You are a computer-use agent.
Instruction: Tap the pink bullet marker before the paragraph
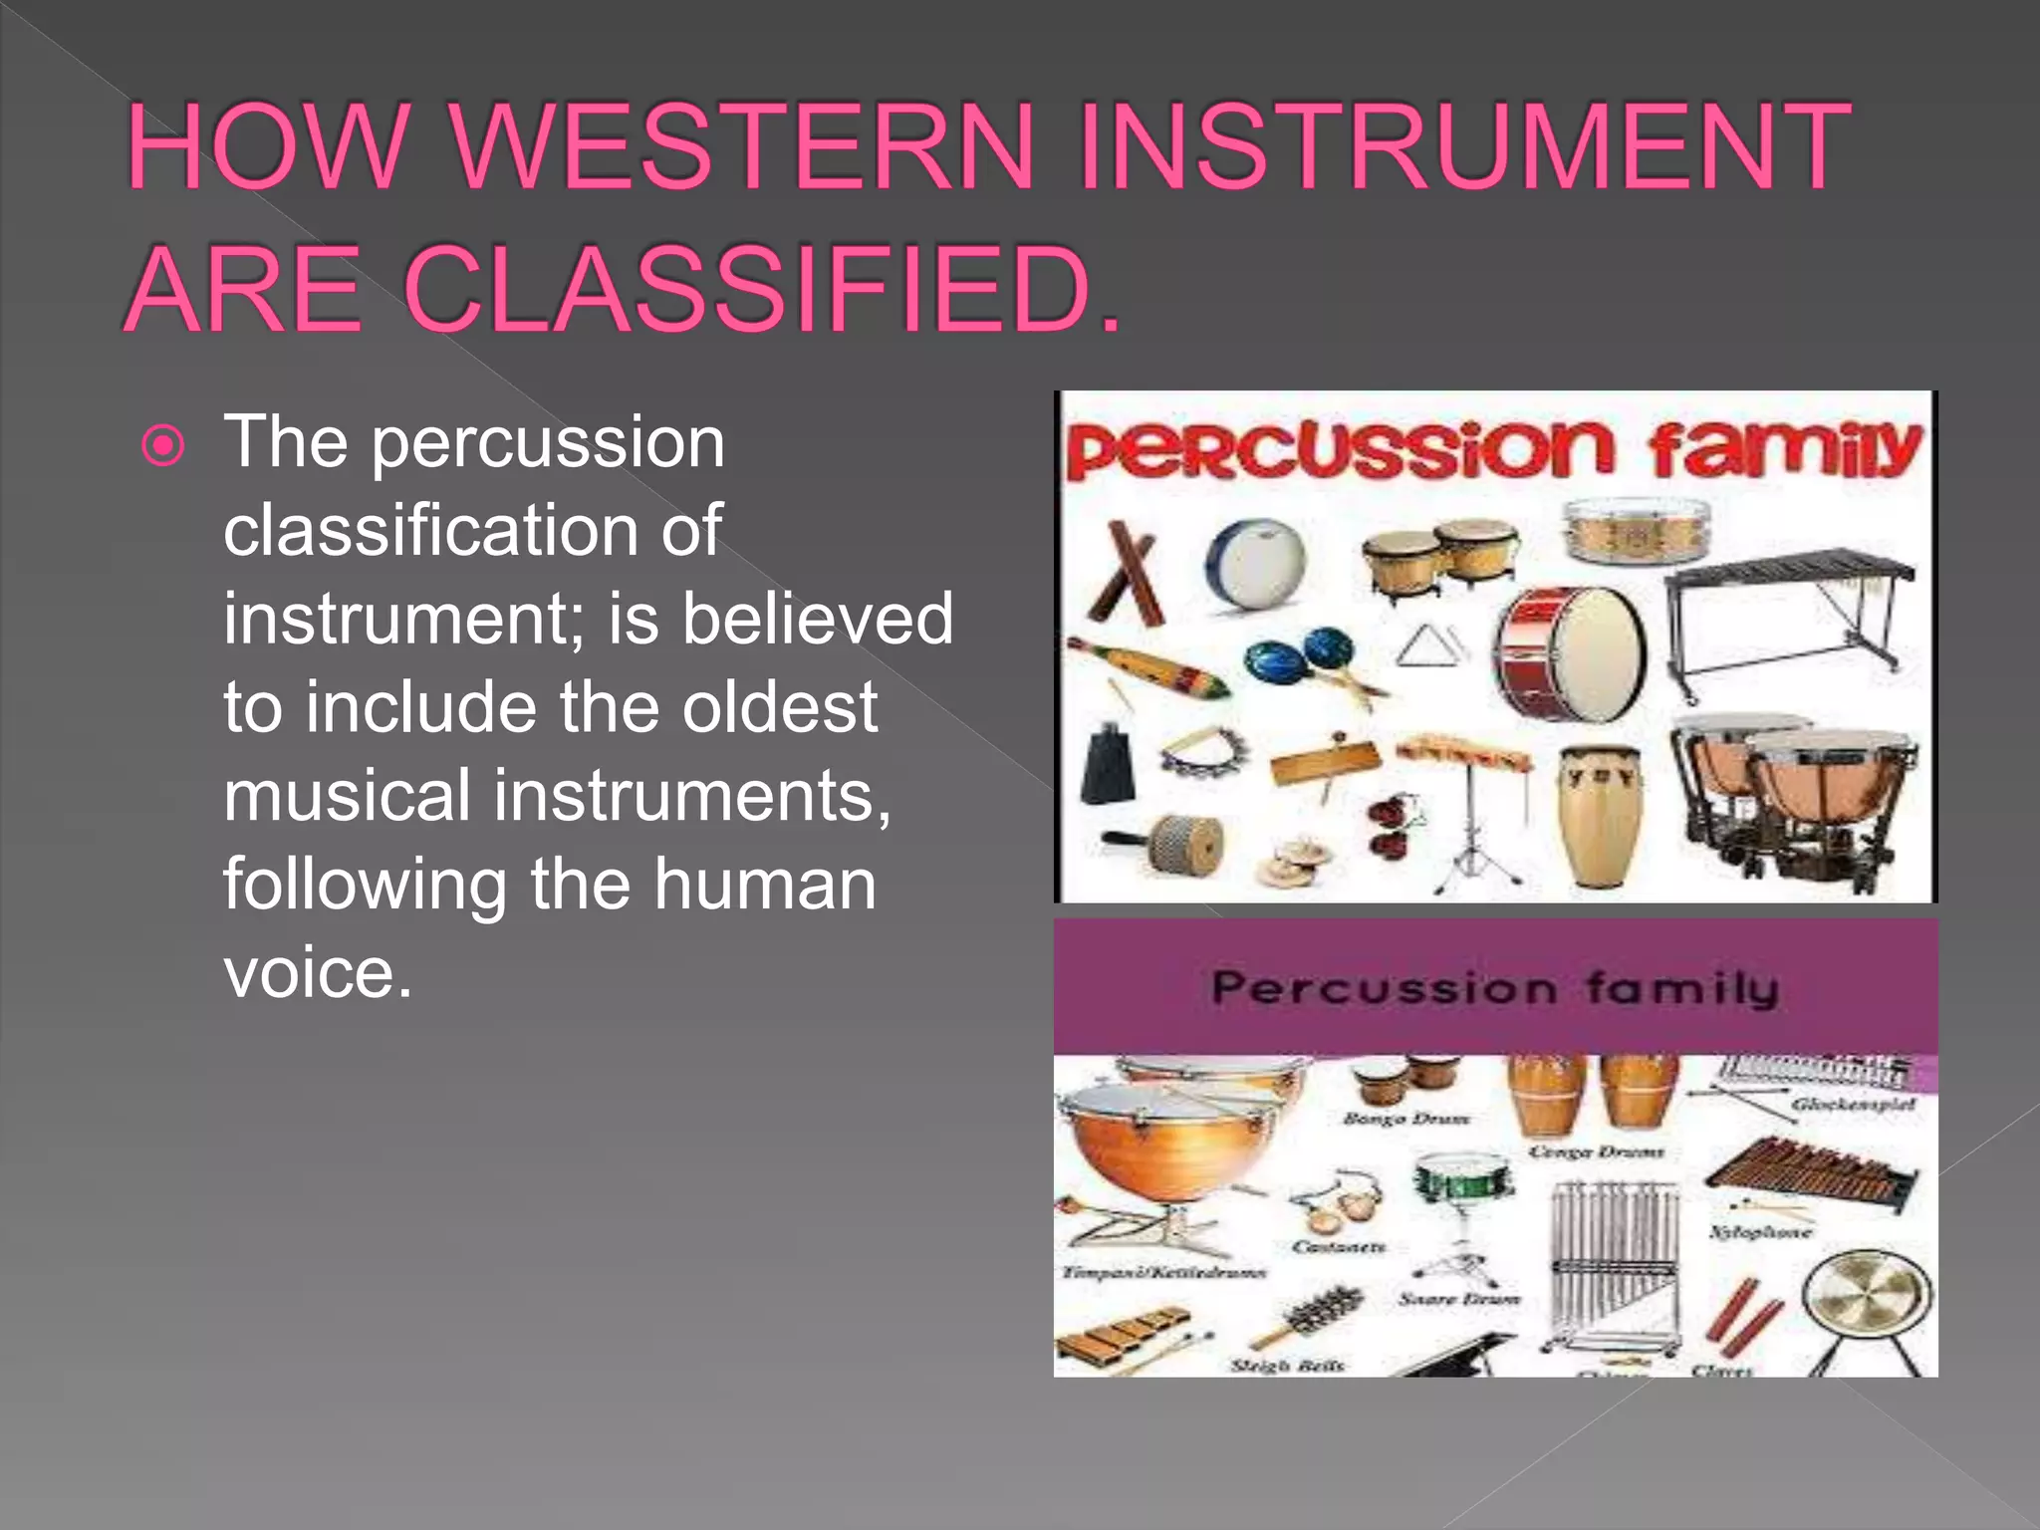(x=163, y=445)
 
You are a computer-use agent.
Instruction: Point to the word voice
(x=317, y=971)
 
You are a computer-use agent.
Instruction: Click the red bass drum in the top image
(x=1572, y=652)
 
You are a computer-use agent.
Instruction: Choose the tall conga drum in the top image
(x=1598, y=814)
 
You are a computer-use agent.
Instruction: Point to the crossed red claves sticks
(x=1126, y=573)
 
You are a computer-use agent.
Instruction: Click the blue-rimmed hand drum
(x=1255, y=563)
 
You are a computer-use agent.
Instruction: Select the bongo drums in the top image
(x=1439, y=556)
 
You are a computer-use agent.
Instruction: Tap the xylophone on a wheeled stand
(x=1788, y=618)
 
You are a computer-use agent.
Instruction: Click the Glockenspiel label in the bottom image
(x=1851, y=1104)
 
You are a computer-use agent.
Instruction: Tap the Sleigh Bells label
(x=1287, y=1365)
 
